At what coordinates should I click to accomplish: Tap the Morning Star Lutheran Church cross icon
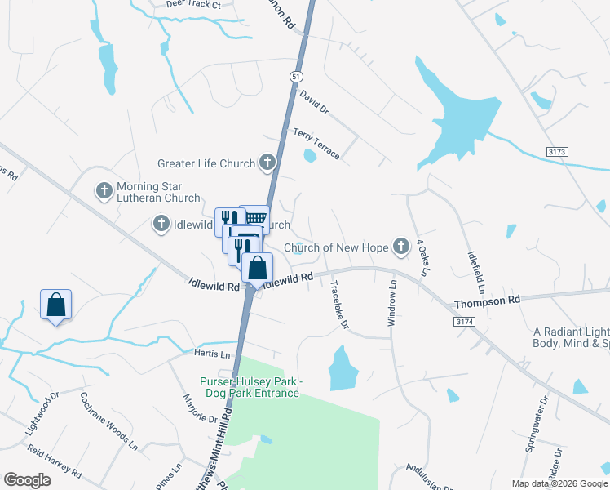tap(104, 191)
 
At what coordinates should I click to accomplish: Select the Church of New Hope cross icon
tap(400, 246)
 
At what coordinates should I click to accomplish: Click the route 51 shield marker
tap(294, 75)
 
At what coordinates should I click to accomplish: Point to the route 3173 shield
tap(556, 153)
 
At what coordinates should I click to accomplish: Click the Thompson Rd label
tap(487, 301)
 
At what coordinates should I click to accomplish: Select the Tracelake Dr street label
tap(339, 305)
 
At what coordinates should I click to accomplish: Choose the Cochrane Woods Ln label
tap(108, 420)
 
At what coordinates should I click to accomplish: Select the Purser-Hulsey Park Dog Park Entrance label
tap(250, 387)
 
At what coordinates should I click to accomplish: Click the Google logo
tap(28, 480)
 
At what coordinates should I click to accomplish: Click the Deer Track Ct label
tap(193, 4)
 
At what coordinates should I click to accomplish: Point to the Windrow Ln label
tap(391, 304)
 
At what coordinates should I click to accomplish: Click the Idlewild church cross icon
tap(161, 223)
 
